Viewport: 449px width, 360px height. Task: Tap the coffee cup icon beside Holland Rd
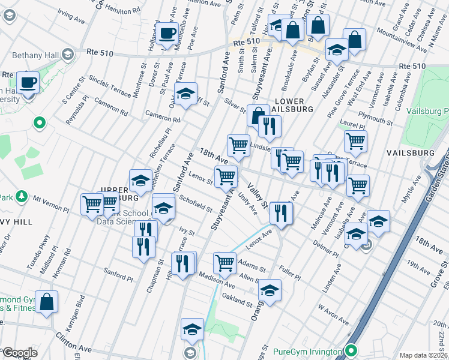pos(167,33)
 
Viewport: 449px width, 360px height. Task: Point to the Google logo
pos(19,353)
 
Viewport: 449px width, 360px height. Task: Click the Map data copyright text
pos(423,355)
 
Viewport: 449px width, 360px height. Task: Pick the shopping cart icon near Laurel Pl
pos(355,142)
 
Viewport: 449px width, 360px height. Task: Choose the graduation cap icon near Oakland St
pos(270,291)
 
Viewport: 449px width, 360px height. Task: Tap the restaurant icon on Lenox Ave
pos(280,211)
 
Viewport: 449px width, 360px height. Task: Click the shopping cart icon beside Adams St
pos(224,262)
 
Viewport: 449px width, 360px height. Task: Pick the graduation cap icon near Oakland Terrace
pos(186,93)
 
